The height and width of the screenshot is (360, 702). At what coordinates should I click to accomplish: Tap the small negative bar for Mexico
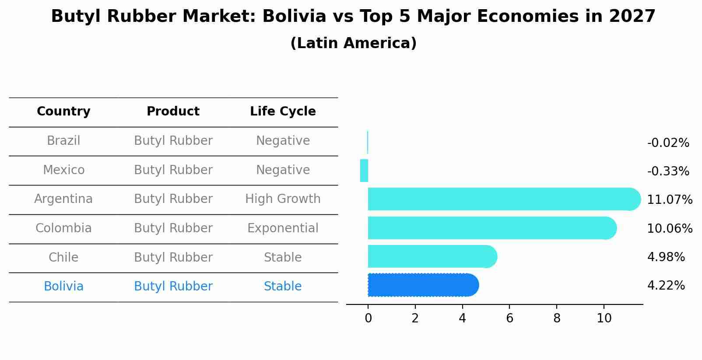[x=364, y=171]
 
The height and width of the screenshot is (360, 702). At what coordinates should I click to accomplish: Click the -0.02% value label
[x=668, y=143]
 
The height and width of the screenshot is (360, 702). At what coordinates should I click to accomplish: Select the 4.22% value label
[x=666, y=286]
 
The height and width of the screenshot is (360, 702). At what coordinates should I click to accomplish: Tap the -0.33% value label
[x=668, y=171]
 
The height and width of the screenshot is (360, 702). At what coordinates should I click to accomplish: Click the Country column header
[x=63, y=112]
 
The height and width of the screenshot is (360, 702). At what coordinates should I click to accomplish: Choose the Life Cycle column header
[x=283, y=112]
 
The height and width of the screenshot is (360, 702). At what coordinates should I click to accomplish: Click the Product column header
[x=173, y=112]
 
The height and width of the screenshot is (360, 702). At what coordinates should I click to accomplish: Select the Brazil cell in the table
[x=63, y=141]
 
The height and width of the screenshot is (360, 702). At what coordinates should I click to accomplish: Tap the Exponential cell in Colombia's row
[x=283, y=228]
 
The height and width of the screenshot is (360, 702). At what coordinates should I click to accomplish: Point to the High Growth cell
[x=283, y=199]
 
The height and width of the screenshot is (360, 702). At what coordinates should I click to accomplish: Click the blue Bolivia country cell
[x=63, y=287]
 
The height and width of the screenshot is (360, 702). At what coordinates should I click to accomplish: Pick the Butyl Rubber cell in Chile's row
[x=173, y=258]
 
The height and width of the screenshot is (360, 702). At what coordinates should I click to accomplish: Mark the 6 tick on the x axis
[x=509, y=318]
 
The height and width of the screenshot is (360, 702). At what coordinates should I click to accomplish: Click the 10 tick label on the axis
[x=604, y=318]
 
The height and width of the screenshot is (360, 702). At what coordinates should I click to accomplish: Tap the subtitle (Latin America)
[x=353, y=43]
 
